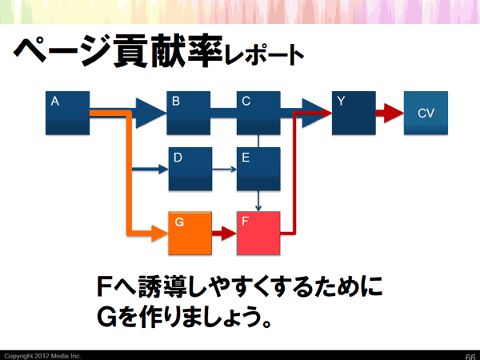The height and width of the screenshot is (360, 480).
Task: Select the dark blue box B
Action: coord(188,113)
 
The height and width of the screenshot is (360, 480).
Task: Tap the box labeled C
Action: coord(258,113)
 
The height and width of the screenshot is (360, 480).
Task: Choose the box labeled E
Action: coord(258,169)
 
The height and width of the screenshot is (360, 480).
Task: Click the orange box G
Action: coord(190,233)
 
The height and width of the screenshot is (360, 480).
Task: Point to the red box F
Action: coord(258,233)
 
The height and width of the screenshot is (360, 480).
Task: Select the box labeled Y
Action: coord(353,113)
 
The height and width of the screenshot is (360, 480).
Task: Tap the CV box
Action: coord(426,114)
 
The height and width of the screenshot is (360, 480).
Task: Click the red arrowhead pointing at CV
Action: coord(392,114)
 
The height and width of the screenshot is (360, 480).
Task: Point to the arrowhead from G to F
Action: coord(228,234)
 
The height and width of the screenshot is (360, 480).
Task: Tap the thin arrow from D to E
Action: coord(224,170)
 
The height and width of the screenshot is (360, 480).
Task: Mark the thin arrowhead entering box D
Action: coord(163,170)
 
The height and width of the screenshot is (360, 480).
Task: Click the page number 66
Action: coord(470,355)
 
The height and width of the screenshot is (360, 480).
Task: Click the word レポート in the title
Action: coord(265,55)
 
